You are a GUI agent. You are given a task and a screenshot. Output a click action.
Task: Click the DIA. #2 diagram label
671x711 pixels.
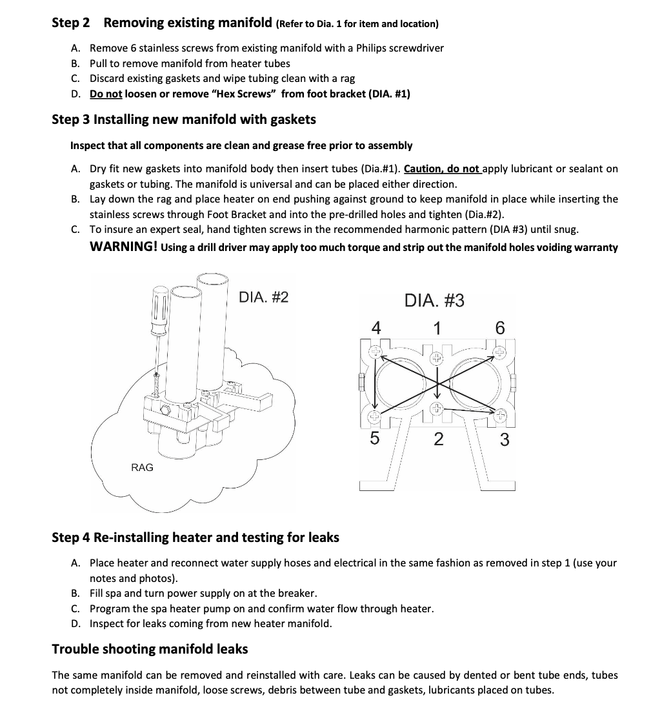(263, 297)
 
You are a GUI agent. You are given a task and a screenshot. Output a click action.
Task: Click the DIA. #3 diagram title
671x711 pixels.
(434, 301)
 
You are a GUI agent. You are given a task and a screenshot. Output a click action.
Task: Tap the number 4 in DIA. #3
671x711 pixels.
(376, 328)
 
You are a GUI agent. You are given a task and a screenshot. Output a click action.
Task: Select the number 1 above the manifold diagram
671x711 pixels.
(437, 328)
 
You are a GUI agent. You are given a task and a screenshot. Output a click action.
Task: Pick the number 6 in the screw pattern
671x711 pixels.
(499, 328)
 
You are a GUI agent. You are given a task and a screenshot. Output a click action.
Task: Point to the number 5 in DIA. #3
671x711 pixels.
(374, 439)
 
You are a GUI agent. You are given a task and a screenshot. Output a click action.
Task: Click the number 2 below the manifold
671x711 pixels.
(438, 439)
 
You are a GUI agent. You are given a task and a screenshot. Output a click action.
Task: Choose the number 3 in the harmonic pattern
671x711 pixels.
(505, 440)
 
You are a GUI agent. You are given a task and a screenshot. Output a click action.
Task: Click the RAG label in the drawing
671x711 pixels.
(142, 467)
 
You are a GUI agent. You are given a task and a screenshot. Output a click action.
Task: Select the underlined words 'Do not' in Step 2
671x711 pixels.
(106, 94)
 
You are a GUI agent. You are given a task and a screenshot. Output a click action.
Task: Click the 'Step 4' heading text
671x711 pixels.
(71, 537)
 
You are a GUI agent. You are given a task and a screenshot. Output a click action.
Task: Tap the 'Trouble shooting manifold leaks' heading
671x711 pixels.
(150, 648)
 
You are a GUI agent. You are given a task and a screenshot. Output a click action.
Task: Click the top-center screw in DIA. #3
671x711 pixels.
(436, 356)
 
